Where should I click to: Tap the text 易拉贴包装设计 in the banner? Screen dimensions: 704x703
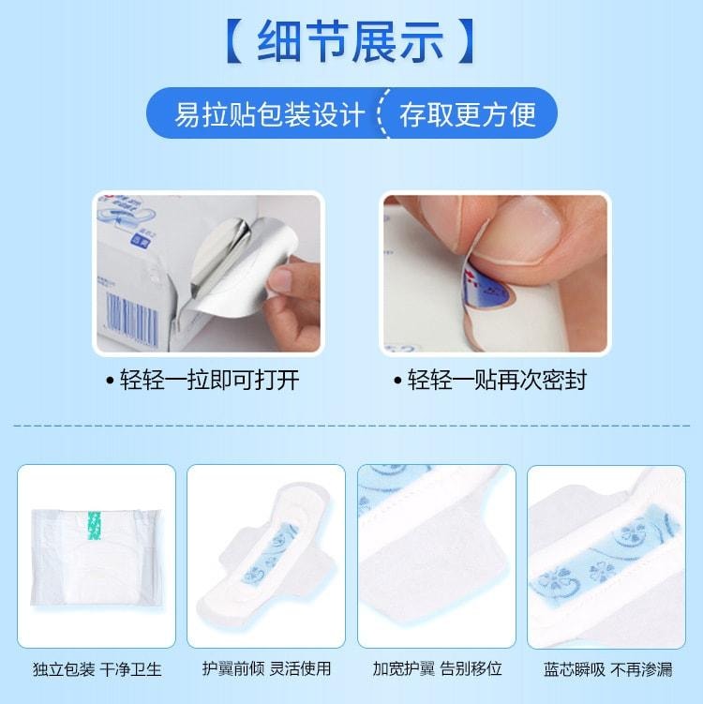tap(269, 114)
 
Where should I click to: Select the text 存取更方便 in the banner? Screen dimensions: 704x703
tap(468, 114)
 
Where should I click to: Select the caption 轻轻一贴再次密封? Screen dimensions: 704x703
tap(496, 380)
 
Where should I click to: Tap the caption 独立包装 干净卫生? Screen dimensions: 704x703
tap(96, 669)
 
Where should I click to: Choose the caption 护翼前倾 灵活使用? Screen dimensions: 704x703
tap(266, 669)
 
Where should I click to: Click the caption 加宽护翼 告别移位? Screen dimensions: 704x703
tap(437, 669)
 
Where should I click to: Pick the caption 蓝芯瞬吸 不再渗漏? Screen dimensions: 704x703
tap(607, 669)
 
